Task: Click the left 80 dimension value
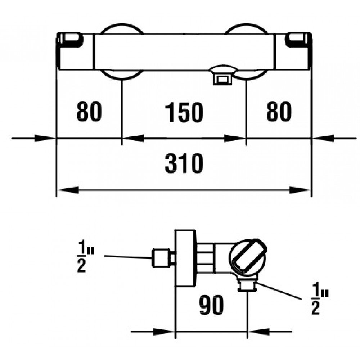[89, 112]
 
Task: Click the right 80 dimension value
[279, 112]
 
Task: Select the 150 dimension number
[184, 112]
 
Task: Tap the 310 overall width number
[184, 165]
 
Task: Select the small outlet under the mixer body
[222, 78]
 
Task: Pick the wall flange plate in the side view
[185, 258]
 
